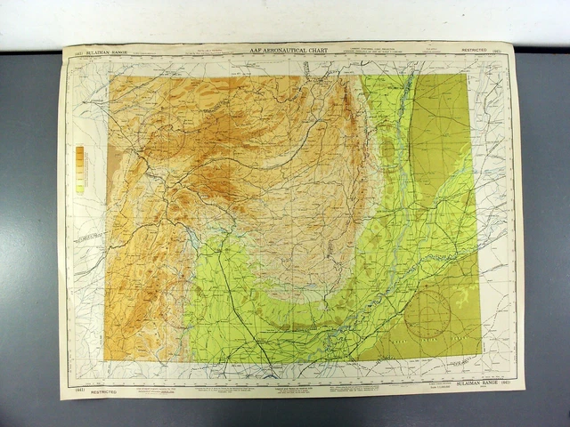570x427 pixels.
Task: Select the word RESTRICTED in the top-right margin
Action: (x=474, y=51)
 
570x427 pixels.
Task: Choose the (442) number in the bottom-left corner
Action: (x=77, y=391)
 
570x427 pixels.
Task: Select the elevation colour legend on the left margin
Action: (x=80, y=170)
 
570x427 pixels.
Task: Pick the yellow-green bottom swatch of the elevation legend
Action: (x=80, y=189)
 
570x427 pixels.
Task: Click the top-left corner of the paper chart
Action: (x=64, y=46)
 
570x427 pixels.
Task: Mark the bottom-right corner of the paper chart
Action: (x=525, y=389)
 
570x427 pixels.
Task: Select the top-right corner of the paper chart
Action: (x=514, y=42)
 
